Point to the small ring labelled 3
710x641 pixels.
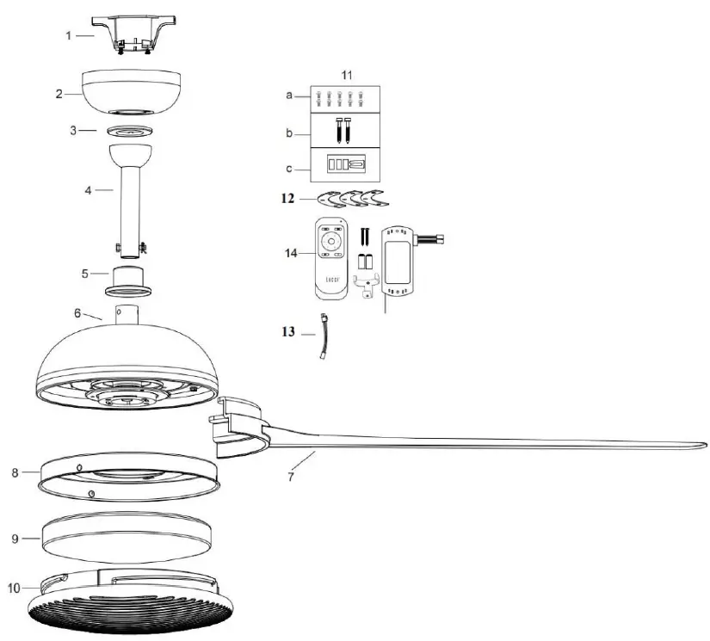132,131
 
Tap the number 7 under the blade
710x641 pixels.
290,475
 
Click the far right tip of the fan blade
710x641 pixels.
704,445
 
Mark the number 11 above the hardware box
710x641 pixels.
347,76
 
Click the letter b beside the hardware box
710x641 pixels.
290,134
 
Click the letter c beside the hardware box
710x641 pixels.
290,166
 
